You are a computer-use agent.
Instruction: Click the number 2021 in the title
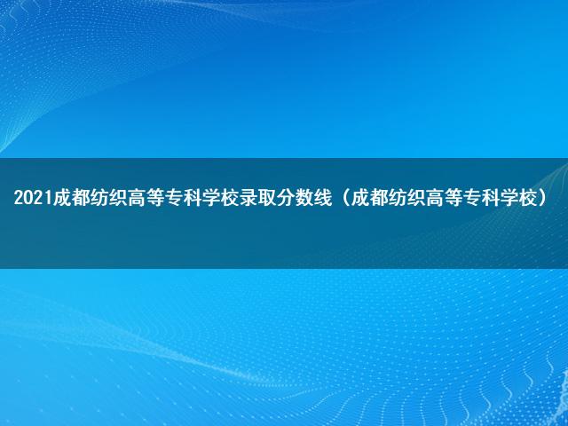coord(33,198)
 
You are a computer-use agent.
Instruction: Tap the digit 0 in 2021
coord(28,198)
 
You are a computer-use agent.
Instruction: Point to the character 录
coord(248,198)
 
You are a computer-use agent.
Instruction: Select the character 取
coord(267,198)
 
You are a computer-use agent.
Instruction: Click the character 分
coord(286,198)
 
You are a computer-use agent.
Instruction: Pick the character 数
coord(304,198)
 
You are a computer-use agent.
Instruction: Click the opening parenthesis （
coord(346,198)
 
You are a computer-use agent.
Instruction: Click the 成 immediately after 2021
coord(62,198)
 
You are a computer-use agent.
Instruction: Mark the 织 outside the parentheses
coord(118,198)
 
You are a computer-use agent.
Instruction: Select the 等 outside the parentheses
coord(155,198)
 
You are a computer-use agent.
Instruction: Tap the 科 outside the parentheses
coord(193,198)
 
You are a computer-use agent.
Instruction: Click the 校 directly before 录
coord(230,198)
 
